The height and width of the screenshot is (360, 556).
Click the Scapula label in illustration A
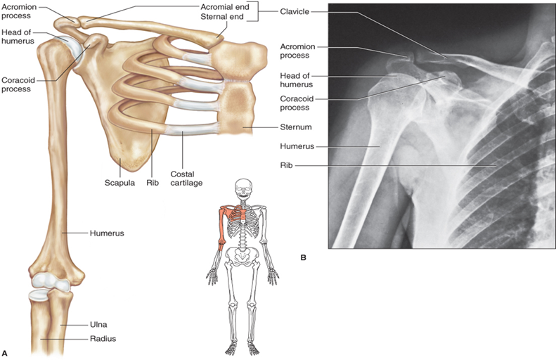click(x=120, y=182)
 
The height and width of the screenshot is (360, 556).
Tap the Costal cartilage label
click(x=183, y=177)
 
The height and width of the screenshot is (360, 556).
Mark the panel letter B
click(x=303, y=258)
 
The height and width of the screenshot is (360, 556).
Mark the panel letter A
click(x=6, y=352)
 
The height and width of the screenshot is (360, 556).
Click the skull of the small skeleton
click(x=244, y=188)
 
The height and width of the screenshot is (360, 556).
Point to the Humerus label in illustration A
click(x=106, y=233)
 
